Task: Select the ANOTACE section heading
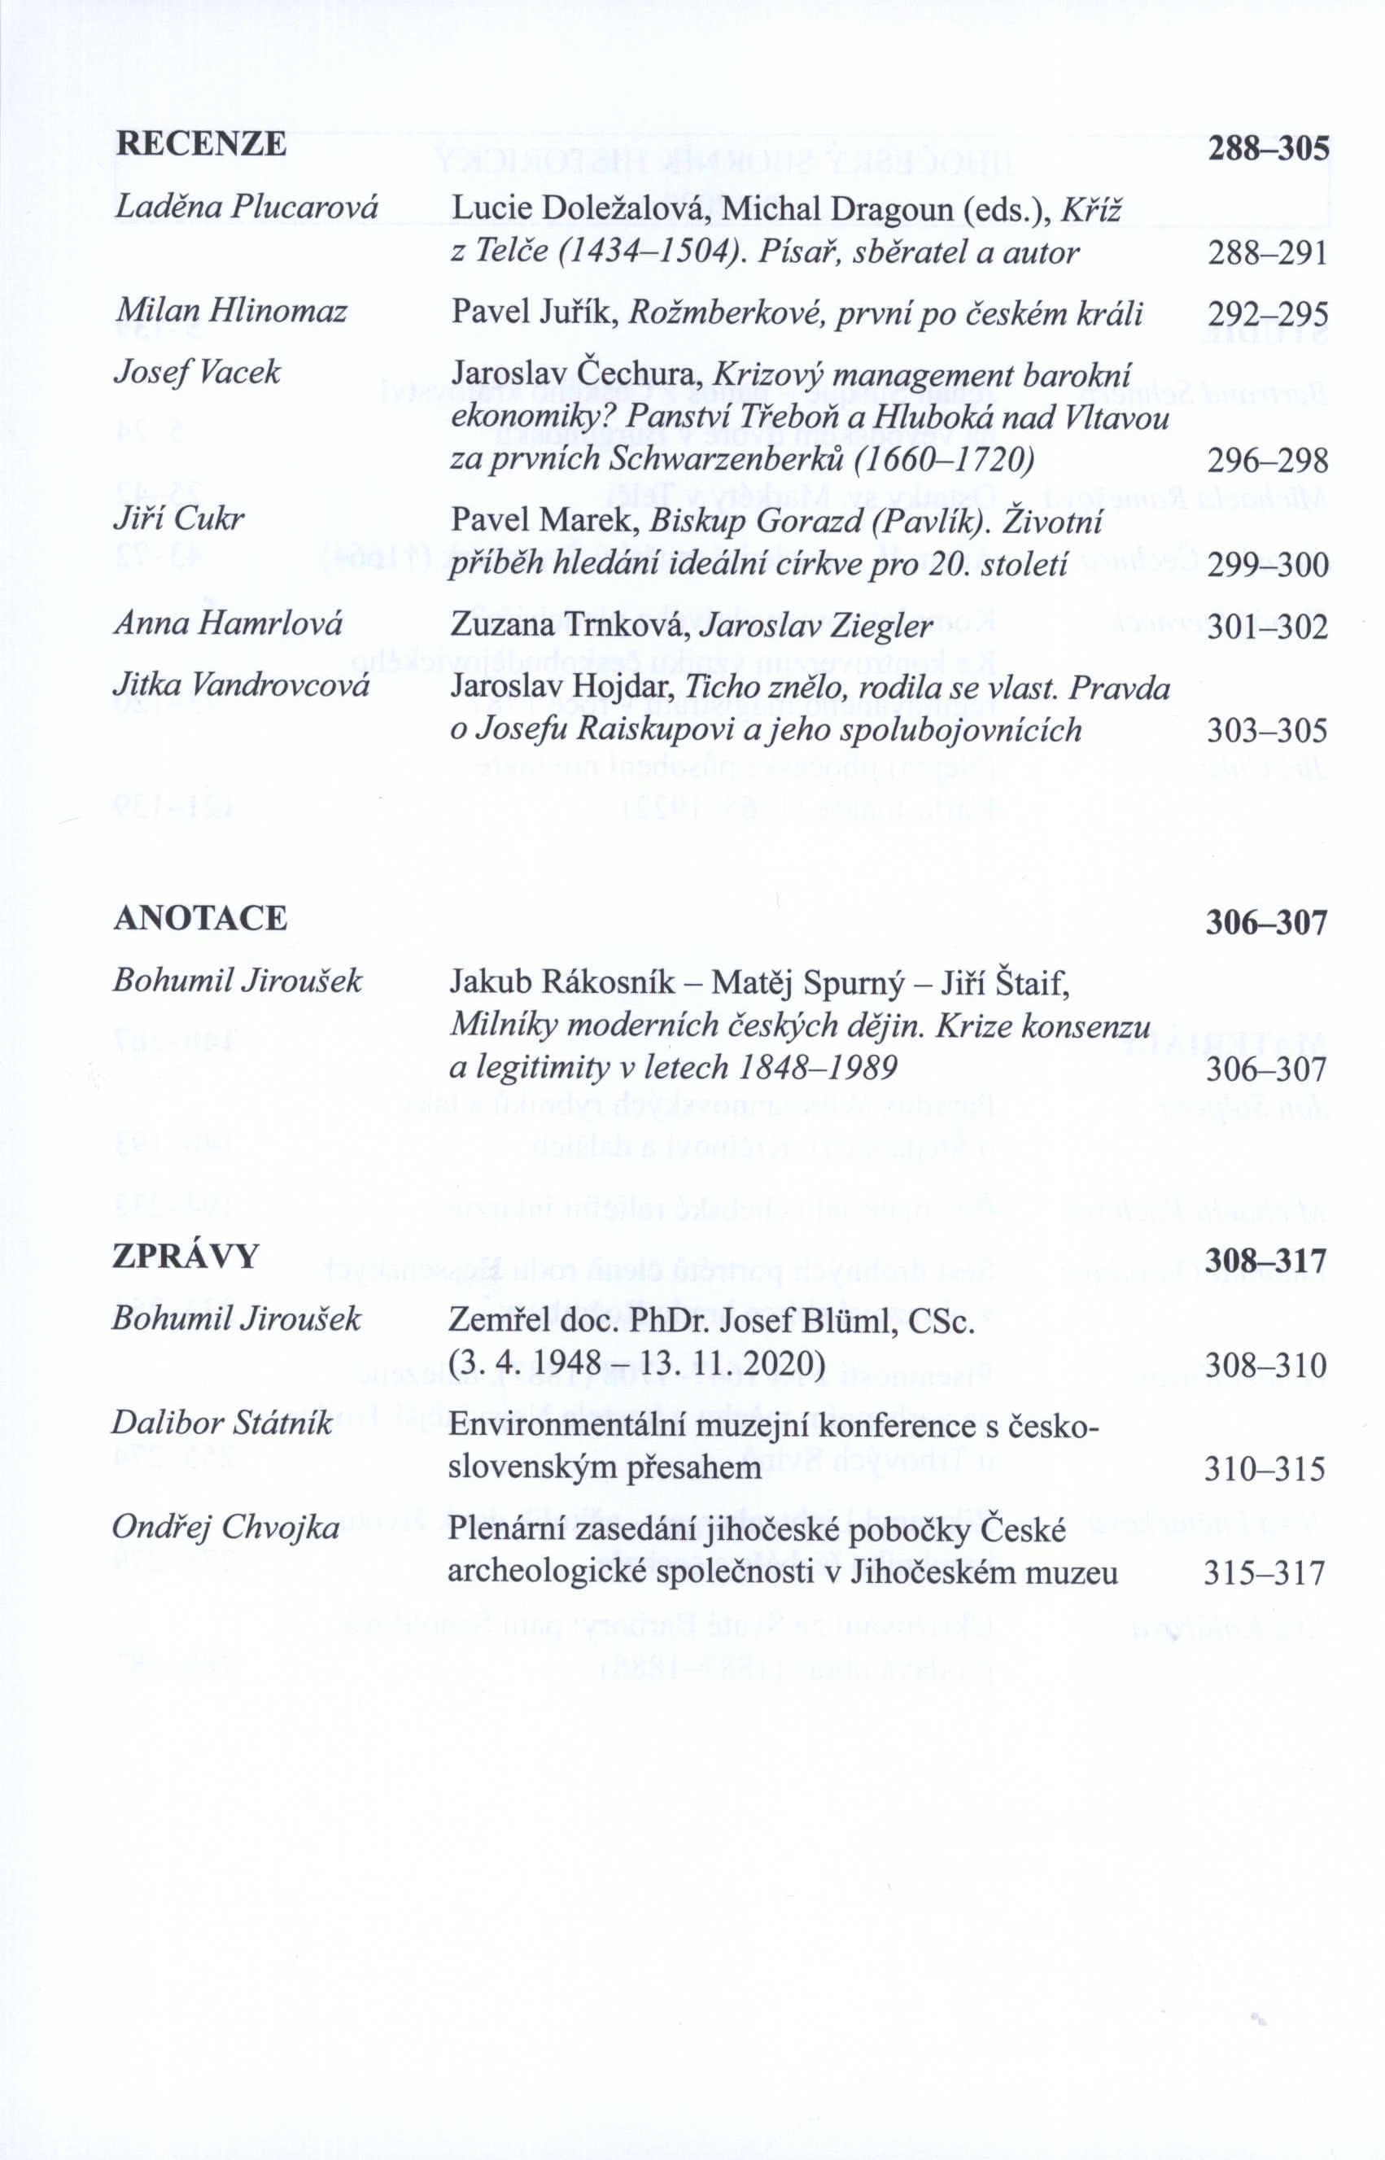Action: pos(199,919)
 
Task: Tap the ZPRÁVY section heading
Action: pos(186,1257)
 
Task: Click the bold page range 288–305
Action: pos(1267,147)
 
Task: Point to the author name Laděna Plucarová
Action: pos(247,208)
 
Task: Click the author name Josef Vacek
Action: pos(196,372)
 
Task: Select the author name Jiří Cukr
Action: pos(179,520)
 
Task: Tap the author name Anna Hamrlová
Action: pos(228,624)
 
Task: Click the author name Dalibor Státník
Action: pos(222,1424)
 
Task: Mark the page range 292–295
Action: pos(1267,314)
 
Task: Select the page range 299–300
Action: pos(1267,566)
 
